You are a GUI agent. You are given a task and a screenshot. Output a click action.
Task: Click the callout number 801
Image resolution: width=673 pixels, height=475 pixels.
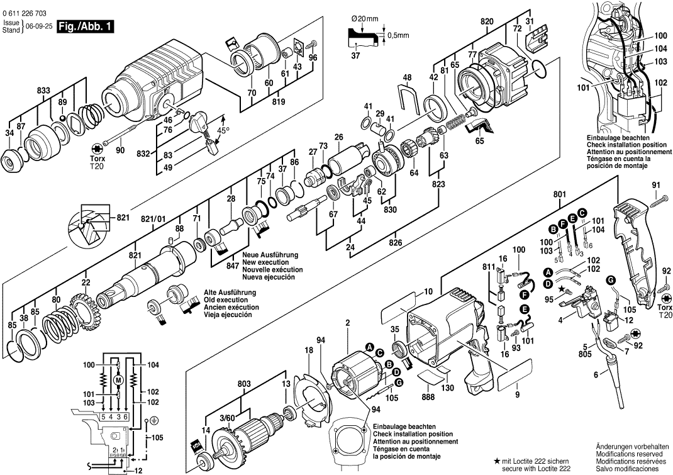[559, 194]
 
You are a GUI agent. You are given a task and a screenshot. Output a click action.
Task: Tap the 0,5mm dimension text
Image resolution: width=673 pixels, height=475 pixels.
[396, 35]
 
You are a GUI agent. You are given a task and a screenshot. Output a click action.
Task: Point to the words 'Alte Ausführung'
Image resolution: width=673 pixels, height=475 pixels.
[230, 293]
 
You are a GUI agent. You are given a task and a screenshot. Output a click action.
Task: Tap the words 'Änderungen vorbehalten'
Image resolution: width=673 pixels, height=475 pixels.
[629, 446]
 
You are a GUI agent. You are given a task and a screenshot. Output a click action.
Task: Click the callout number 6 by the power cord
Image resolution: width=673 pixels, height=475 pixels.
[595, 375]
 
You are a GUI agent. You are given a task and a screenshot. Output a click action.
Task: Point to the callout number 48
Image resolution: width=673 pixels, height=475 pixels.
[407, 77]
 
